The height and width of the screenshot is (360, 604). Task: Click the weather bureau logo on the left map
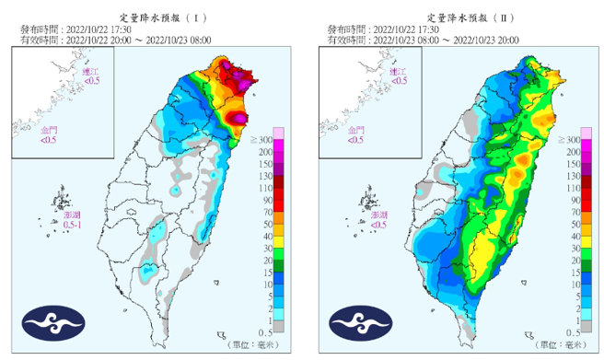coord(52,323)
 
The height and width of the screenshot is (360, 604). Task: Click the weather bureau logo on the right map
coord(360,323)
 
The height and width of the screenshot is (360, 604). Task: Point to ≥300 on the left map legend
coord(264,138)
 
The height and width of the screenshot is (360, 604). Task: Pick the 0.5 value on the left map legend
coord(266,332)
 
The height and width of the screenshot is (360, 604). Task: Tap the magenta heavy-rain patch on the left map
coord(238,119)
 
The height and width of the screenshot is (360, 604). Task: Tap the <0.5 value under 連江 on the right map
coord(399,81)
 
